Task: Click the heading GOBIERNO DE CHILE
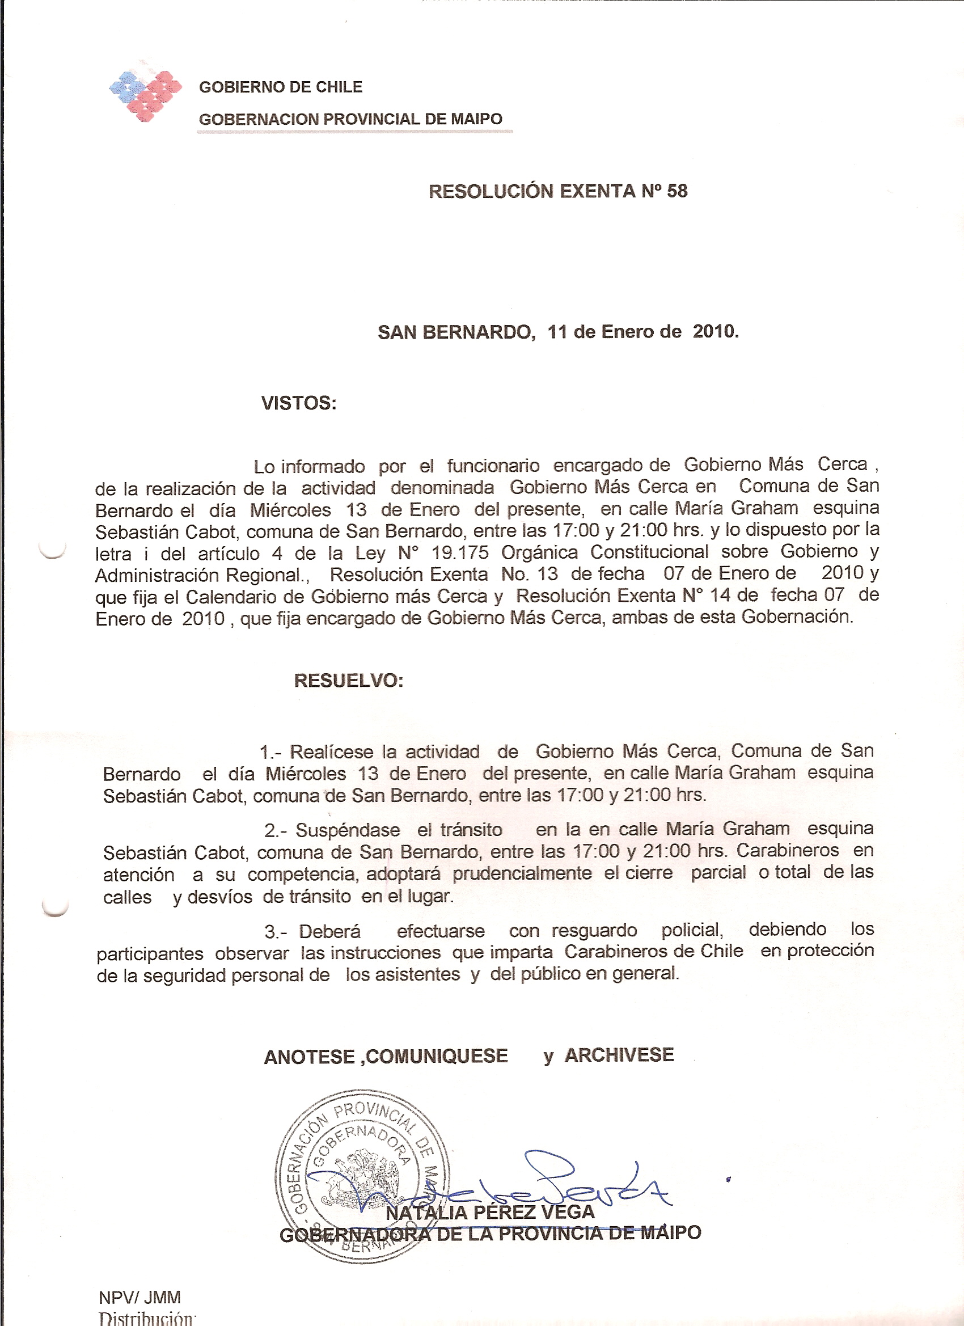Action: pos(281,87)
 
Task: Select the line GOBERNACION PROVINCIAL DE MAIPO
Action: pos(350,119)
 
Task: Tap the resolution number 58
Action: pos(677,191)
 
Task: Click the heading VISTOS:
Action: pos(299,403)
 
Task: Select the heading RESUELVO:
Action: pos(348,681)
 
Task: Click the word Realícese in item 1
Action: pos(332,752)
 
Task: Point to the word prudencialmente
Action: pos(522,874)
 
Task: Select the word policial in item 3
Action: pos(692,930)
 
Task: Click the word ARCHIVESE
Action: pos(619,1055)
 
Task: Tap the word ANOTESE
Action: pos(309,1058)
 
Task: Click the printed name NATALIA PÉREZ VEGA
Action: pos(490,1213)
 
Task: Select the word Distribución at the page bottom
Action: pos(146,1319)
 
